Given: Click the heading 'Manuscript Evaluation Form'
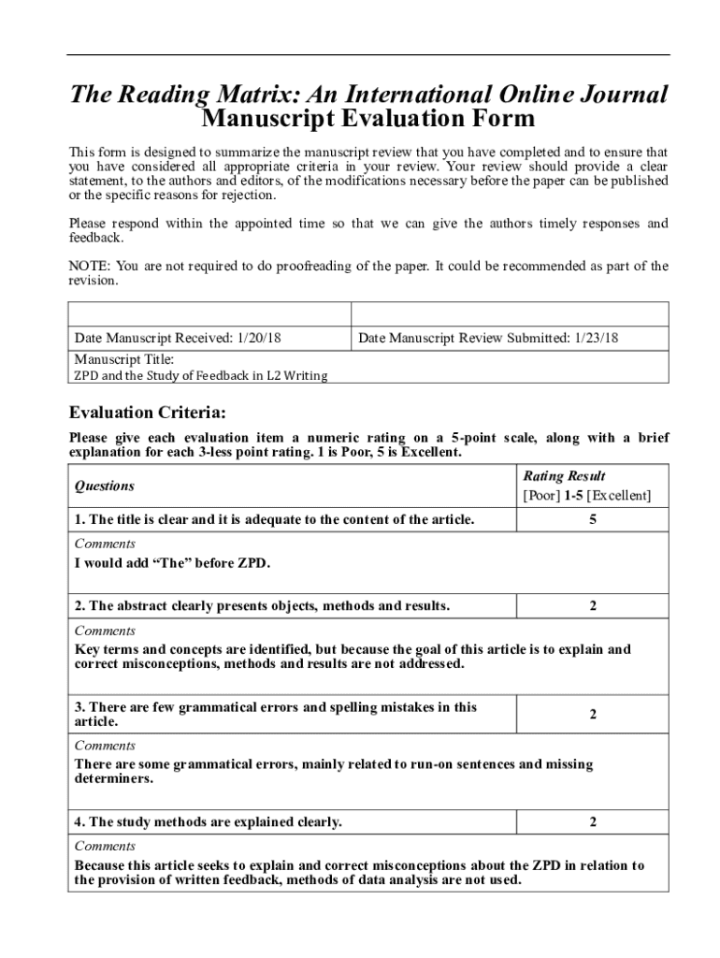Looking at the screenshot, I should click(x=368, y=120).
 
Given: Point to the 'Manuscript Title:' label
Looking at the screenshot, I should click(x=123, y=359).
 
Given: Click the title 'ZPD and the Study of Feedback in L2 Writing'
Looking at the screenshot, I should click(x=201, y=376).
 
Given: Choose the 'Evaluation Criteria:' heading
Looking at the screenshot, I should click(x=148, y=413).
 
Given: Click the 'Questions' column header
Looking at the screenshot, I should click(x=105, y=486).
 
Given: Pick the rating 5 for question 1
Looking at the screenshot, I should click(x=593, y=519).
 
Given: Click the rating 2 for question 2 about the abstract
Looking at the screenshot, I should click(x=593, y=606).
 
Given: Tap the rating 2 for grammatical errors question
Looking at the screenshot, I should click(x=593, y=715).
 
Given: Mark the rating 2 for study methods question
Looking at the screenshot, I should click(x=593, y=822).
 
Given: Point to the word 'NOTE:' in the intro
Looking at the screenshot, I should click(x=90, y=267).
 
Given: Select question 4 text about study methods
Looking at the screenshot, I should click(x=208, y=822).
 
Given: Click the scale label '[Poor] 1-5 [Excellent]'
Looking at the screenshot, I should click(x=586, y=496).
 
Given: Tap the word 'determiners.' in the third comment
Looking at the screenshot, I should click(x=113, y=778).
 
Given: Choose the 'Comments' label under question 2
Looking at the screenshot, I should click(x=105, y=631).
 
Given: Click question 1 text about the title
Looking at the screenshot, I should click(x=274, y=519).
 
